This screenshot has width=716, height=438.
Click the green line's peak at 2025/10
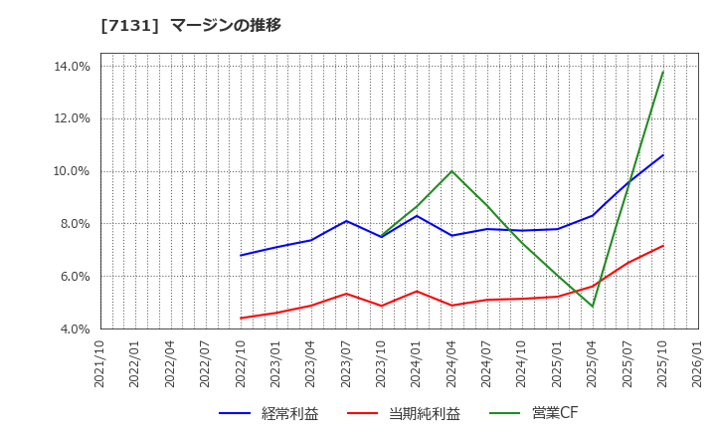point(662,72)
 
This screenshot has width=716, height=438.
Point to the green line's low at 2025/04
point(593,307)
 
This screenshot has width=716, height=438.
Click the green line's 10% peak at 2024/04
point(451,171)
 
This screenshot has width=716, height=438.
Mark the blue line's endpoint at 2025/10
point(662,155)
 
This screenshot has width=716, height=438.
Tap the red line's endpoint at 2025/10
point(662,246)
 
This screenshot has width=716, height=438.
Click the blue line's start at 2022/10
point(241,256)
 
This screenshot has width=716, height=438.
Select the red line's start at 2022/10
point(241,319)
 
